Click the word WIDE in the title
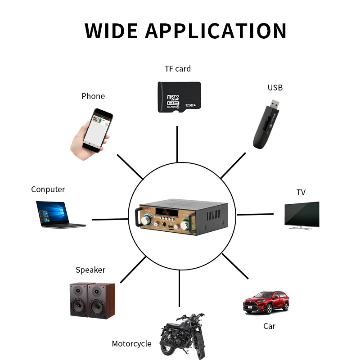click(111, 31)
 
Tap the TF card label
click(177, 69)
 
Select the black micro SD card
click(179, 97)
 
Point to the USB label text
click(275, 88)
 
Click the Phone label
click(93, 96)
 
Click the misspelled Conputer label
click(48, 189)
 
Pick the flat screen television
click(301, 215)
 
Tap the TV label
click(301, 193)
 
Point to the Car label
click(269, 326)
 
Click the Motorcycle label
click(131, 344)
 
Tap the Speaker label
click(90, 270)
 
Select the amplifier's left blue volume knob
click(146, 220)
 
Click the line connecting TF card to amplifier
click(177, 144)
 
